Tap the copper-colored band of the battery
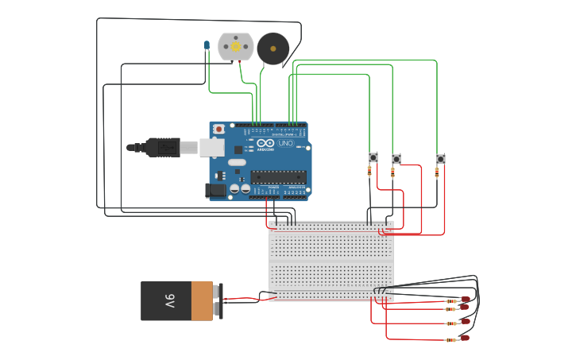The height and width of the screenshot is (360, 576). [x=203, y=300]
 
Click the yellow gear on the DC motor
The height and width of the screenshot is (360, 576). [x=236, y=47]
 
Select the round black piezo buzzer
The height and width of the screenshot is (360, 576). [x=273, y=49]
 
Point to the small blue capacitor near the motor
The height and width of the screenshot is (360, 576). [x=207, y=45]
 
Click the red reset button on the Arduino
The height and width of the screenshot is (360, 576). [x=218, y=129]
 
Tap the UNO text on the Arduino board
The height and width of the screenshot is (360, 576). [x=285, y=143]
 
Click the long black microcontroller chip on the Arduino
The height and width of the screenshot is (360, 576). [x=278, y=176]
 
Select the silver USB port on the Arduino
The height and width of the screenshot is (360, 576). [x=211, y=147]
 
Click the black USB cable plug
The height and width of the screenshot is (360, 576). [x=163, y=147]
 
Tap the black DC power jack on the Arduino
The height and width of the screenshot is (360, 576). [x=215, y=190]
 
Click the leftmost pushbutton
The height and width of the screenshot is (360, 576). [x=373, y=157]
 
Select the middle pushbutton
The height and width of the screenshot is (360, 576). [x=396, y=159]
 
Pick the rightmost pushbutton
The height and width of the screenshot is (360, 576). [x=440, y=159]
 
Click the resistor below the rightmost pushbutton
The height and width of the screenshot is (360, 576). [x=437, y=172]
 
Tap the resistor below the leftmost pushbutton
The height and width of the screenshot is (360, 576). [x=369, y=171]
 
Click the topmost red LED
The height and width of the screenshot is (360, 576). [x=466, y=299]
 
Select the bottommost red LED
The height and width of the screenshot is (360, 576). [x=465, y=338]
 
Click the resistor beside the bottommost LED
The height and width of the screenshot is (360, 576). [x=450, y=339]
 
